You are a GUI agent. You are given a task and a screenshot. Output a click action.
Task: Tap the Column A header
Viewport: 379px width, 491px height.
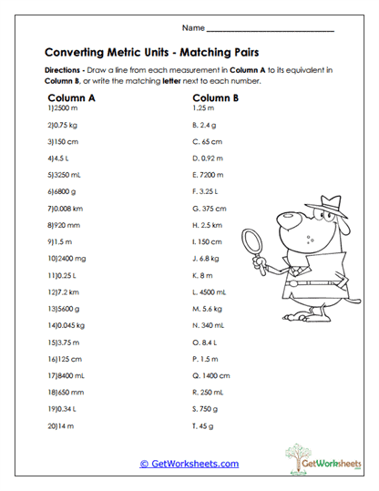(70, 97)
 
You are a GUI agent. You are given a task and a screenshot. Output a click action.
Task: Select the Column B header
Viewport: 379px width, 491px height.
(216, 97)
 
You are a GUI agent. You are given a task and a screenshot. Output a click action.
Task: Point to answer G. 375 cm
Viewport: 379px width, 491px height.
(209, 208)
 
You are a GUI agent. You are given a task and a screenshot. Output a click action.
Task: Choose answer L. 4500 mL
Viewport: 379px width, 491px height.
(210, 292)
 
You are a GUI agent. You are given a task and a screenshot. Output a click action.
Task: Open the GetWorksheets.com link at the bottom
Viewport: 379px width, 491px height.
(189, 464)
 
